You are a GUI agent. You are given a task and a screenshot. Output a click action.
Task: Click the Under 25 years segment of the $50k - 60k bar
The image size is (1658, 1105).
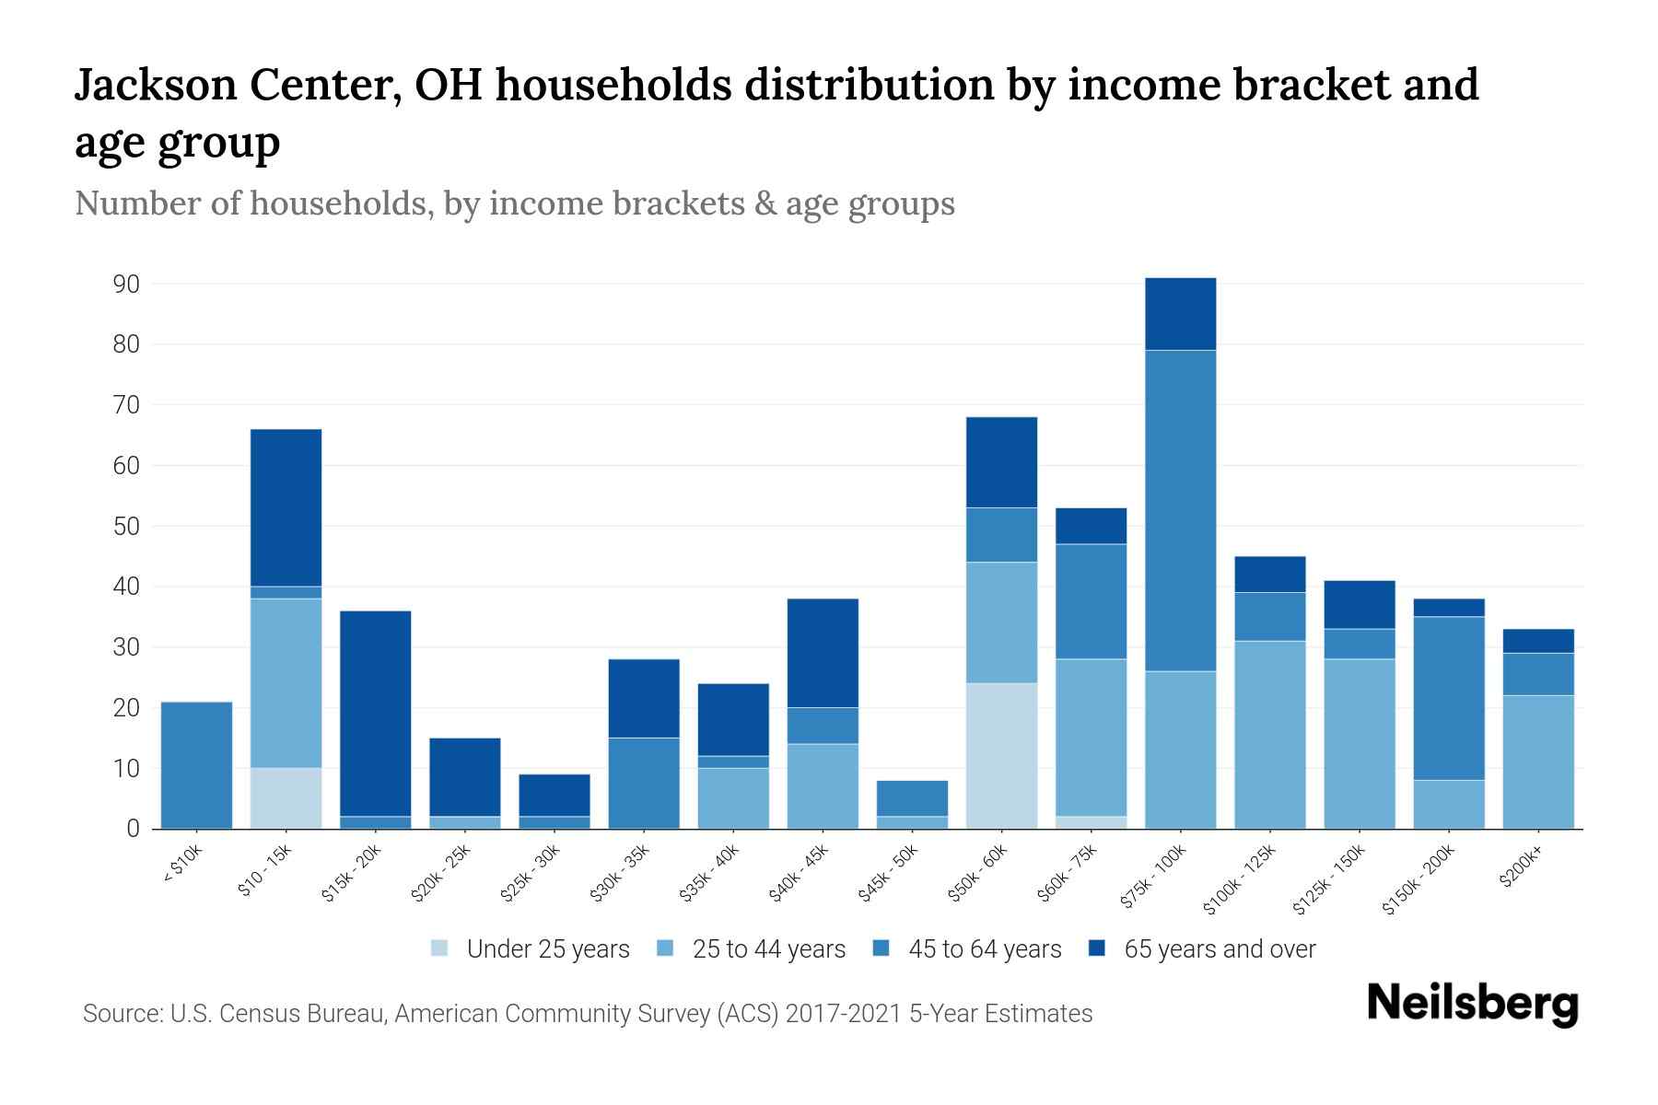pos(1001,755)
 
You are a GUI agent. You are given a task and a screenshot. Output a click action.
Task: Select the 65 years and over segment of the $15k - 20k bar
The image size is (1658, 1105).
pos(375,714)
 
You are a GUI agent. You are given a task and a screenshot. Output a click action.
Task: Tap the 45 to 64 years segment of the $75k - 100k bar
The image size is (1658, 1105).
pos(1180,510)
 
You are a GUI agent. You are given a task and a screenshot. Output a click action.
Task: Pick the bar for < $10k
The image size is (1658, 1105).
pos(196,765)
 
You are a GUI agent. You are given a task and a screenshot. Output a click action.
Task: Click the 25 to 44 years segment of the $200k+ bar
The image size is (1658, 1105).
pos(1537,762)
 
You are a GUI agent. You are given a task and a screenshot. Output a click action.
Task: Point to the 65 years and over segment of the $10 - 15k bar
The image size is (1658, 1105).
pos(286,507)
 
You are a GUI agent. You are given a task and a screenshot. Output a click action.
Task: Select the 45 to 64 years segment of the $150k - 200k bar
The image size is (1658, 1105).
pos(1448,698)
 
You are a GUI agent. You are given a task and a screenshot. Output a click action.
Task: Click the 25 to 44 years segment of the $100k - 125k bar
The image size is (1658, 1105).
pos(1269,734)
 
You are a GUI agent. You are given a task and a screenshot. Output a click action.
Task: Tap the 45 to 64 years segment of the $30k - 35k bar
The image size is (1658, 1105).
pos(643,783)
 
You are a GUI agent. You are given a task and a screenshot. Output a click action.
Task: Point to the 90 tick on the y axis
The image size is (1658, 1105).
pos(126,285)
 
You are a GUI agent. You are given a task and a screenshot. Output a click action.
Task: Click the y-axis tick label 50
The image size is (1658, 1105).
pos(126,527)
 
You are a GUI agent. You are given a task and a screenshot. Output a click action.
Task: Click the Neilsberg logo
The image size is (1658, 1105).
pos(1472,1004)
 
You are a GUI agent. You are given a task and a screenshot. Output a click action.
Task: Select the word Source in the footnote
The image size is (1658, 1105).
pos(121,1014)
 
